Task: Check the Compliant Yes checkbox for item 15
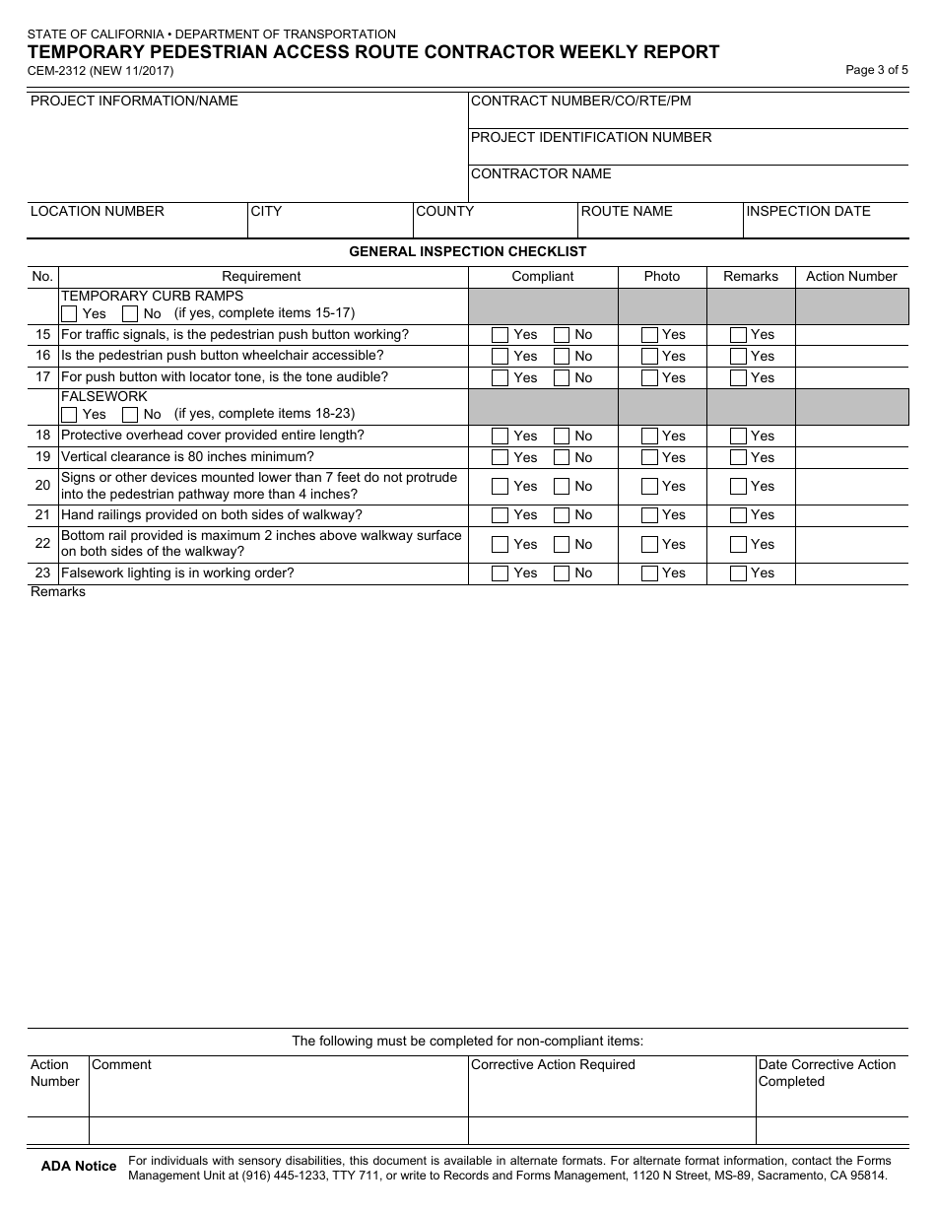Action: pyautogui.click(x=500, y=335)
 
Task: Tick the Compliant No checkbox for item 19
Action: pyautogui.click(x=562, y=457)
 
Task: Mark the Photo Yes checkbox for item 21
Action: pyautogui.click(x=650, y=515)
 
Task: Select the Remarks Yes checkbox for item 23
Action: pyautogui.click(x=738, y=573)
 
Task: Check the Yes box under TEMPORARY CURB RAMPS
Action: pyautogui.click(x=69, y=314)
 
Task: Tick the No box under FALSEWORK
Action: pyautogui.click(x=130, y=415)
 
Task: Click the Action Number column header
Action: pyautogui.click(x=851, y=277)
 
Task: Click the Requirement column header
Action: pyautogui.click(x=261, y=277)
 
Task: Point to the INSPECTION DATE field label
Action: pyautogui.click(x=808, y=211)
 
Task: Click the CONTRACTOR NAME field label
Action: pyautogui.click(x=541, y=174)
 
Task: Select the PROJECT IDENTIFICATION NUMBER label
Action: pyautogui.click(x=591, y=138)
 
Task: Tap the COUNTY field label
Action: pyautogui.click(x=444, y=211)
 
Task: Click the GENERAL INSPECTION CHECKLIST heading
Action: pyautogui.click(x=468, y=252)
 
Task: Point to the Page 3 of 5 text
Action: pyautogui.click(x=877, y=70)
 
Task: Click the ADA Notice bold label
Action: pyautogui.click(x=79, y=1167)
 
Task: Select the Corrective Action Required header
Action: pyautogui.click(x=553, y=1065)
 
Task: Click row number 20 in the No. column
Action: pyautogui.click(x=42, y=486)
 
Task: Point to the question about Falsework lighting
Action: pyautogui.click(x=177, y=573)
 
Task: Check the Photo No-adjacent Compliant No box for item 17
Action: pyautogui.click(x=562, y=378)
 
